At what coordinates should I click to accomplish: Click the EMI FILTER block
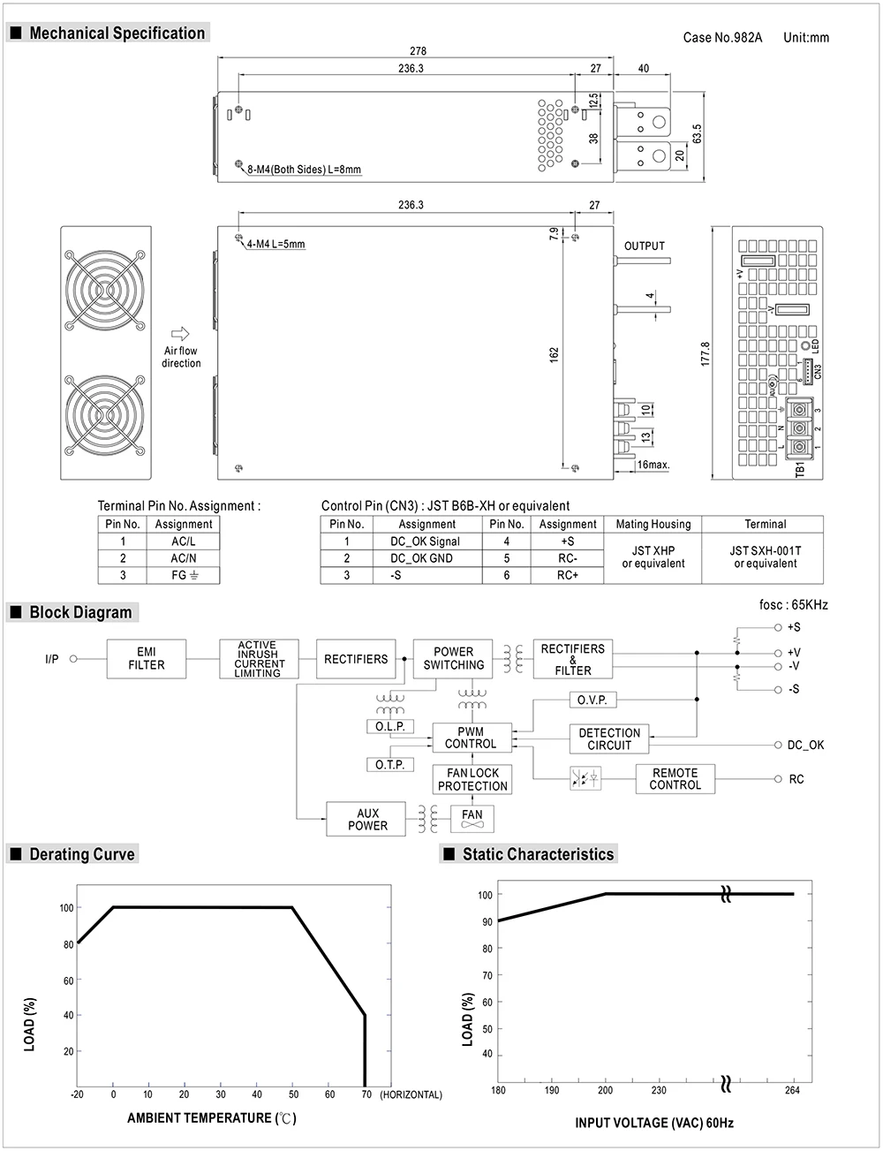(x=147, y=659)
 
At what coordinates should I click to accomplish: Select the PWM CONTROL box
(x=471, y=738)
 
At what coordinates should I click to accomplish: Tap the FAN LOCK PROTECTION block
(x=472, y=779)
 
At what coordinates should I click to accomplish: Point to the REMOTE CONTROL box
(x=675, y=778)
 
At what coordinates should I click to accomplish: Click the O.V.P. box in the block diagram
(x=592, y=700)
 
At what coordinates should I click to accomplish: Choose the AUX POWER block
(x=367, y=820)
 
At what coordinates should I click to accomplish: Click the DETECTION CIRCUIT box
(x=609, y=738)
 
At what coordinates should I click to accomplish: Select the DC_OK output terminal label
(x=805, y=745)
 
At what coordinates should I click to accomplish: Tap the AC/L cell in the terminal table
(x=184, y=541)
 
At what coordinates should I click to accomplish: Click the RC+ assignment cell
(x=568, y=575)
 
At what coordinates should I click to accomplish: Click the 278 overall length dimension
(x=418, y=51)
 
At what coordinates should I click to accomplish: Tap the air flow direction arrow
(x=180, y=334)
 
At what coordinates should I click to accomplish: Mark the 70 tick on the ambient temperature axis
(x=366, y=1094)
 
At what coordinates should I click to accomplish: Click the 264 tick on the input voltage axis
(x=792, y=1090)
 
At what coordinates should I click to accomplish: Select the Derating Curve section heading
(x=81, y=854)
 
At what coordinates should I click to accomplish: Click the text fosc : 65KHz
(x=793, y=605)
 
